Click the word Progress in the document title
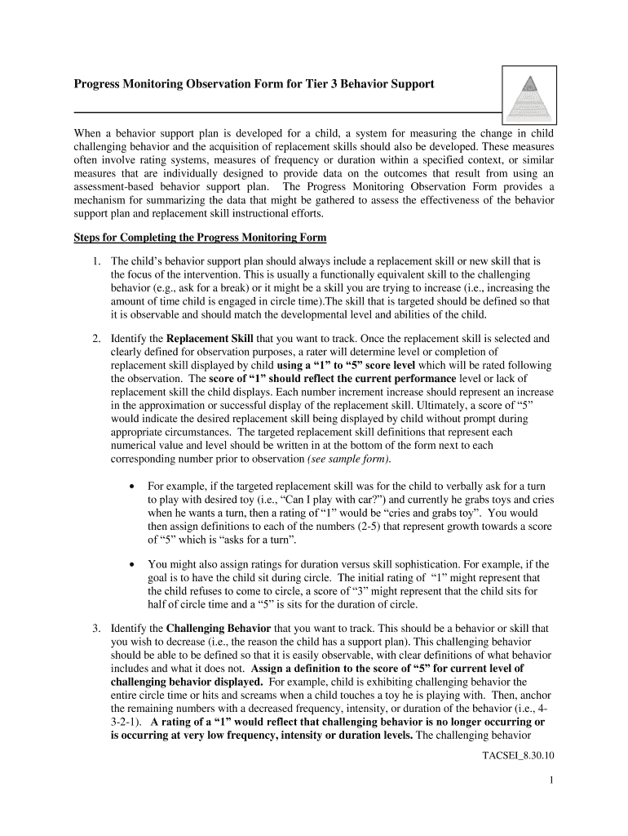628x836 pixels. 103,84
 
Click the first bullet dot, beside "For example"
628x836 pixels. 132,486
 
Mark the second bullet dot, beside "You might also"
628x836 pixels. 132,564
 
